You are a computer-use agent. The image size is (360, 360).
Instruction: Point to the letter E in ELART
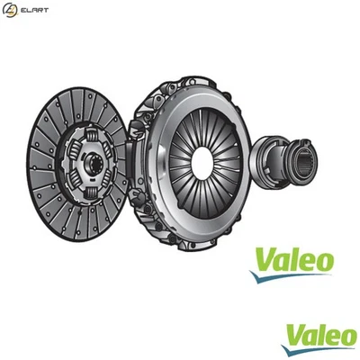coord(25,10)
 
